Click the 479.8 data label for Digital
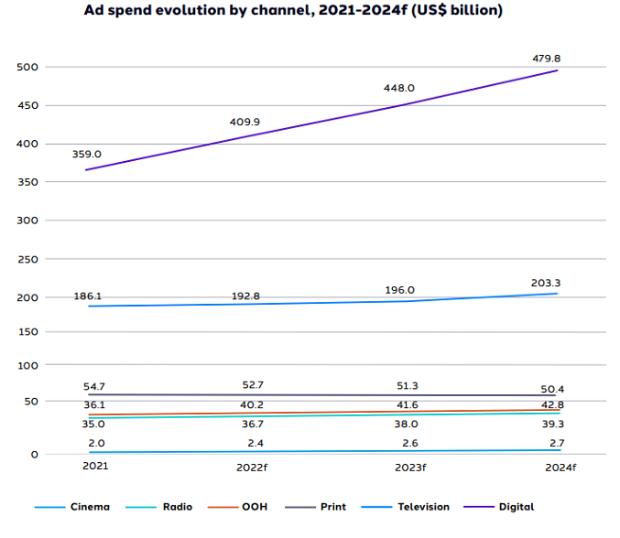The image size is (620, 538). [546, 59]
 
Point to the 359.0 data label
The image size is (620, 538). [86, 155]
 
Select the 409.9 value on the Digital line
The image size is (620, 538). [245, 122]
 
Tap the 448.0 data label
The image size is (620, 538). [398, 88]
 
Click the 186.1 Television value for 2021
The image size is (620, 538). [88, 297]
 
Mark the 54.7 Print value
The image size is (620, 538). [93, 388]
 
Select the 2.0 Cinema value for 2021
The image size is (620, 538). [95, 443]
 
